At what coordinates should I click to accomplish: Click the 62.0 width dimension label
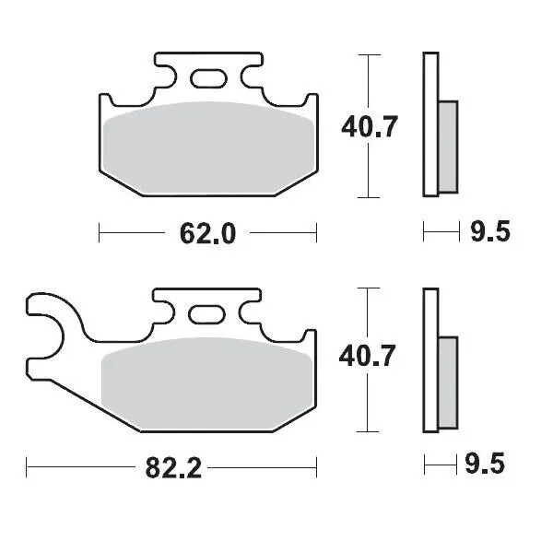tap(208, 234)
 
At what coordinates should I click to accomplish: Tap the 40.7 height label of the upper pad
tap(370, 127)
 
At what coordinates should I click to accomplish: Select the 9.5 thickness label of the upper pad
tap(489, 232)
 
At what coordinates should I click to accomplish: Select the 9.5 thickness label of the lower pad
tap(488, 465)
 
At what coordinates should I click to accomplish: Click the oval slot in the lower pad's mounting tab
tap(205, 314)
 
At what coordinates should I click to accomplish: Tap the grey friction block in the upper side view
tap(447, 146)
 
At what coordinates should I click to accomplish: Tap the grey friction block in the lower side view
tap(447, 380)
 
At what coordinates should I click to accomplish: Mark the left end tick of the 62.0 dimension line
tap(99, 233)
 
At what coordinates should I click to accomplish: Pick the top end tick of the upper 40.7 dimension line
tap(368, 55)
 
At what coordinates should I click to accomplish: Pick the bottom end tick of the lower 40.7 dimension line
tap(368, 431)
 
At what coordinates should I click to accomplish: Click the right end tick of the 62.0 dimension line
tap(316, 233)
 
